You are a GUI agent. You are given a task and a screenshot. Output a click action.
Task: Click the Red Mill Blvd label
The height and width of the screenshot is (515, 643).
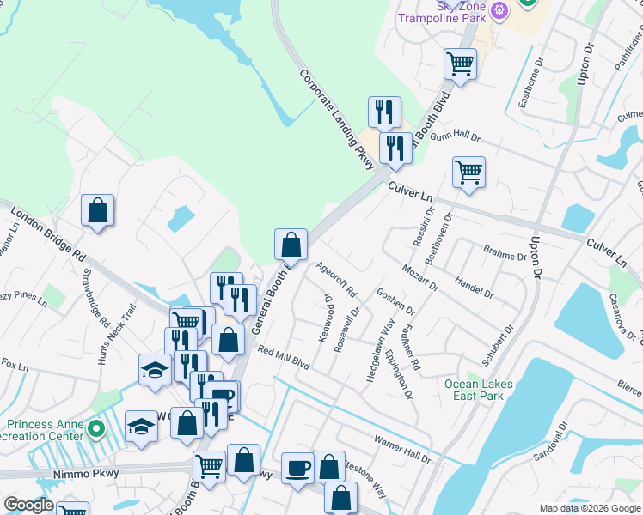click(x=283, y=358)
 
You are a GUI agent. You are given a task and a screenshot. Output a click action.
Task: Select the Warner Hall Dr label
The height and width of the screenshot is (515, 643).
click(x=401, y=448)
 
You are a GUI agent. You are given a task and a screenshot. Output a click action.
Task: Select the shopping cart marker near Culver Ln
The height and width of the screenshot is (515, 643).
click(x=468, y=171)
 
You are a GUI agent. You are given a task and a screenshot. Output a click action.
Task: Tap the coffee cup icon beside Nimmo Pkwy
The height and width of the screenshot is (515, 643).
click(x=297, y=468)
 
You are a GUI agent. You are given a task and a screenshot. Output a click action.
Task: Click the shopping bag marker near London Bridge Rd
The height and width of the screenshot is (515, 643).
click(x=98, y=210)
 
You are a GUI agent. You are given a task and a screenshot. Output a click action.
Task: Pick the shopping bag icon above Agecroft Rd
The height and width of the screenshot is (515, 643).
click(x=291, y=245)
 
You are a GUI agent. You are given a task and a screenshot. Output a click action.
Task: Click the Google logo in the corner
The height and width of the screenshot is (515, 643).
click(x=29, y=505)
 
